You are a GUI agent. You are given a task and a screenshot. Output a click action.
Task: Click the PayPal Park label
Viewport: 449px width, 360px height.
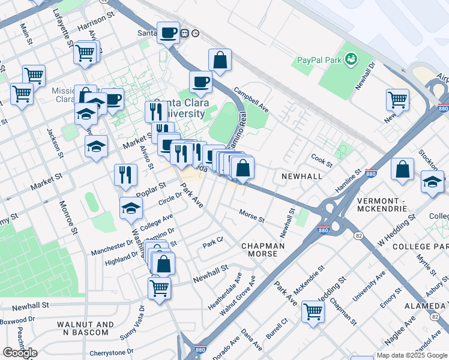click(x=319, y=60)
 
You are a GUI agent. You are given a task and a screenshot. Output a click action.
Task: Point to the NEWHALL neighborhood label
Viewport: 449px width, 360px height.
click(x=298, y=176)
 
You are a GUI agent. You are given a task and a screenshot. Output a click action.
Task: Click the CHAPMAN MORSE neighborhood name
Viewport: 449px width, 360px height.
click(x=259, y=250)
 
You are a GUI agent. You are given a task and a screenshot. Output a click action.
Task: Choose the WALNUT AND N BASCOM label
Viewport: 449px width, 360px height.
click(x=85, y=328)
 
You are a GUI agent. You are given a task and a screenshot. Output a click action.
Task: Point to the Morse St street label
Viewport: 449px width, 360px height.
click(x=252, y=215)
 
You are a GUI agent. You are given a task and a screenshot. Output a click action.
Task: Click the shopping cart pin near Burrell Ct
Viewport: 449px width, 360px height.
click(x=313, y=310)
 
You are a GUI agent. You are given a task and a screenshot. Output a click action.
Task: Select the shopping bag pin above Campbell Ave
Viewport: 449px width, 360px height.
click(x=220, y=59)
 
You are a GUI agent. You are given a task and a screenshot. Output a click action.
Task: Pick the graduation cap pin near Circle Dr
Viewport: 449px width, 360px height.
click(x=131, y=208)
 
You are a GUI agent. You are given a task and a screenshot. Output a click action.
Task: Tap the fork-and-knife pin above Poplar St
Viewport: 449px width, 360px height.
click(x=126, y=175)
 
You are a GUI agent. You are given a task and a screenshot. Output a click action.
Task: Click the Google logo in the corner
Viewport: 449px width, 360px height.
click(x=20, y=353)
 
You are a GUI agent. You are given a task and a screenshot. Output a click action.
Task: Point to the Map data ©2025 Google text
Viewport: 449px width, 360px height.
click(x=411, y=355)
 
